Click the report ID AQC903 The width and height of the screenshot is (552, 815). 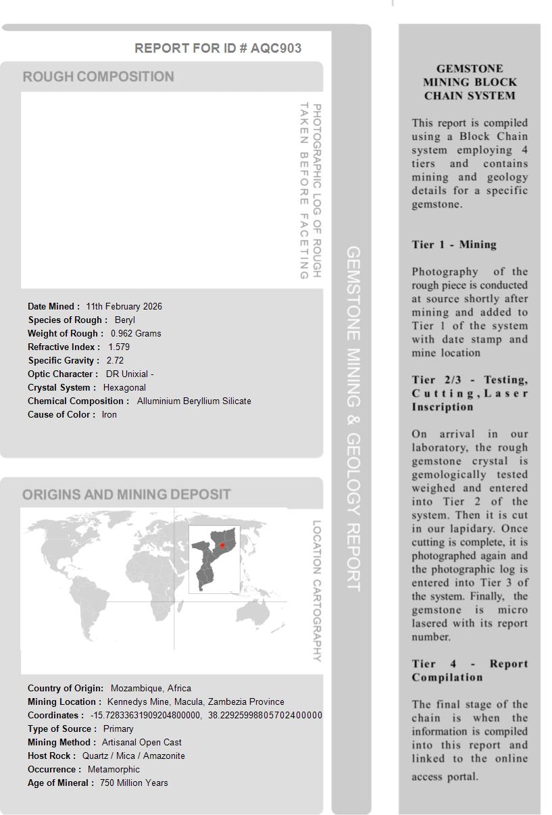[276, 48]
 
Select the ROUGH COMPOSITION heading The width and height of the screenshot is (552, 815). [99, 76]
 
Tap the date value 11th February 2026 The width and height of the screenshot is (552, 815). [124, 306]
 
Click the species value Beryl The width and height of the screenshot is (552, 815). [125, 320]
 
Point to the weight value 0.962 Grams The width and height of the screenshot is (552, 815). [136, 333]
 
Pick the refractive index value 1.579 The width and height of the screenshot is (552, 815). [119, 347]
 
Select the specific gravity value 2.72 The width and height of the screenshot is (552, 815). [115, 360]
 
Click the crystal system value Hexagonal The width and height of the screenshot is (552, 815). [124, 387]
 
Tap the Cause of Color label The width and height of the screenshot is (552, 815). [61, 414]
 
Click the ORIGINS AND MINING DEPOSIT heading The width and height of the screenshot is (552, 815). [126, 495]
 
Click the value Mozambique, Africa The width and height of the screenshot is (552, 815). [151, 688]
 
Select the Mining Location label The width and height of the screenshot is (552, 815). [64, 701]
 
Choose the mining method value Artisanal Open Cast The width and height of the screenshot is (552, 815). [142, 742]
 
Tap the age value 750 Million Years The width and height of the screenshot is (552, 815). [134, 783]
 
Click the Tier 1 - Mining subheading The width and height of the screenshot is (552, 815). [454, 245]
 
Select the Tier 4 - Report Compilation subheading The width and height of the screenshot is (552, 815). [470, 670]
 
